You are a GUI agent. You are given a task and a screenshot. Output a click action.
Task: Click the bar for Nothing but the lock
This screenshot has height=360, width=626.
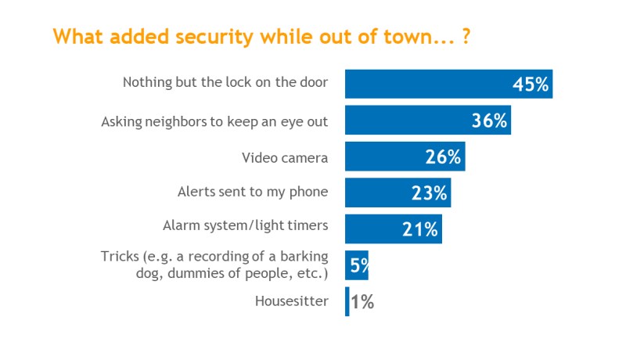[x=448, y=84]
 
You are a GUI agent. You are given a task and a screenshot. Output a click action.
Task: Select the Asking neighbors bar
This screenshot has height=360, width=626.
[x=428, y=121]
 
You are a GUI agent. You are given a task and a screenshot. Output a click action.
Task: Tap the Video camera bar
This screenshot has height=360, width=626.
[x=405, y=157]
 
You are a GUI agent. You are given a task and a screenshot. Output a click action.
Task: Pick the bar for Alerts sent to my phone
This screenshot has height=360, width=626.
[x=398, y=193]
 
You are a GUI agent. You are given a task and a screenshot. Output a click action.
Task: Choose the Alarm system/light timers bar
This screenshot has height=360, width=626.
[x=394, y=229]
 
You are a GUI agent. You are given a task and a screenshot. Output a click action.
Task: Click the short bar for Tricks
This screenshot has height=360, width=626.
[x=357, y=265]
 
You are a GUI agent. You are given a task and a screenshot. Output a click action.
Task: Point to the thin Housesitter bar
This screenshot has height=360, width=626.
[x=347, y=302]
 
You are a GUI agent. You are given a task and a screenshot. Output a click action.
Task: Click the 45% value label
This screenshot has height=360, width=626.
[x=531, y=85]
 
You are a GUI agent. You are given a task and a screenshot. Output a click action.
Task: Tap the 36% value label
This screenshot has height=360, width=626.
[x=490, y=121]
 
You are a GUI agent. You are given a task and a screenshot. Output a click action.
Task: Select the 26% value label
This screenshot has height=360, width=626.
[x=443, y=157]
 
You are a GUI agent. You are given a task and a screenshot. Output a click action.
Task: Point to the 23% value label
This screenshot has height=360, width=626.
[x=429, y=193]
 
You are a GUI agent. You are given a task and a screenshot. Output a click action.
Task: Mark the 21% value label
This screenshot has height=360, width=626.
[x=420, y=229]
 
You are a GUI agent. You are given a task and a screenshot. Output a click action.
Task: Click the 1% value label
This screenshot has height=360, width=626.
[x=362, y=302]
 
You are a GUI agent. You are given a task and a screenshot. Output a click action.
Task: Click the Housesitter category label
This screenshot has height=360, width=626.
[x=292, y=301]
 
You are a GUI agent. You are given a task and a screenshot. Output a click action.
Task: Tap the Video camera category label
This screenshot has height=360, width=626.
[x=285, y=158]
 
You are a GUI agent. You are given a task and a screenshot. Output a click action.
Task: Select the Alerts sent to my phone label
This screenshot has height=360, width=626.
[x=253, y=192]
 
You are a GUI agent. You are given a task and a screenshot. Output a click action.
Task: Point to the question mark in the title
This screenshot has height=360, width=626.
[x=466, y=37]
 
